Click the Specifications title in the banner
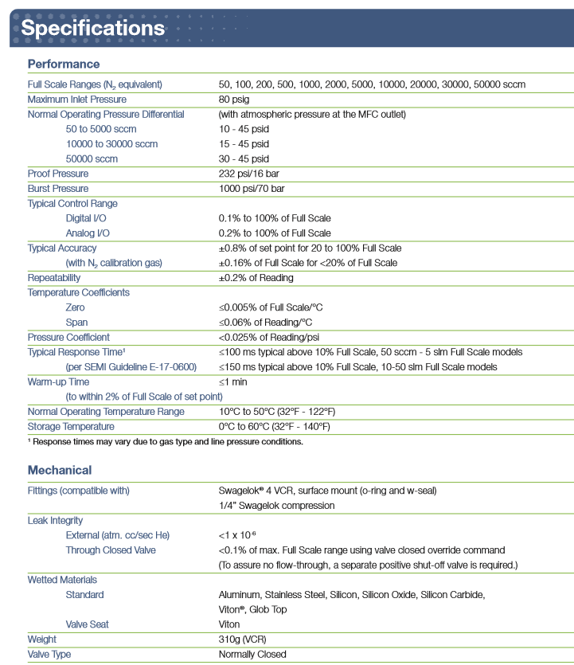[93, 28]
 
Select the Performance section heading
[64, 64]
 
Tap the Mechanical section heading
[60, 470]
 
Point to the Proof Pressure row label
[58, 174]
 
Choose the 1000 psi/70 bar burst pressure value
[252, 189]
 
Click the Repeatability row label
[54, 278]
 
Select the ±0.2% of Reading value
[256, 278]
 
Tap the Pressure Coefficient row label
[68, 338]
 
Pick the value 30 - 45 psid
[244, 158]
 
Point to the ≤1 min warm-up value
[234, 381]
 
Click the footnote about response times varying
[165, 441]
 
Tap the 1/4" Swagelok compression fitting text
[277, 505]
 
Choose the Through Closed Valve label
[111, 550]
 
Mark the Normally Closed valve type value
[252, 655]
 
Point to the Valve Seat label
[88, 624]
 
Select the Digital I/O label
[88, 218]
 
